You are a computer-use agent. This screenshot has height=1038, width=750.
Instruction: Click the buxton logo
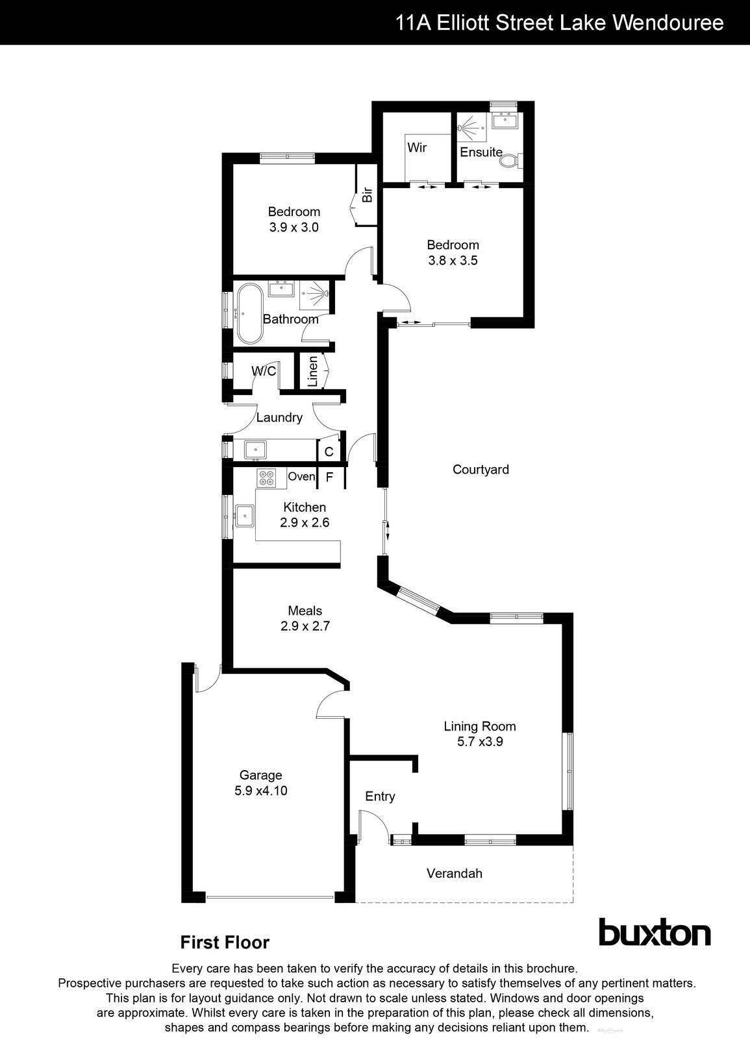tap(654, 933)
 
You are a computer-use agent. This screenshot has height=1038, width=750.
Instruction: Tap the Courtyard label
tap(481, 469)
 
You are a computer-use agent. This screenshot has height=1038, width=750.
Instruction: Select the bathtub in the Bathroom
tap(249, 313)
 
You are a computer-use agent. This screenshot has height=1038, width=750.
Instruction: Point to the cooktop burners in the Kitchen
tap(266, 478)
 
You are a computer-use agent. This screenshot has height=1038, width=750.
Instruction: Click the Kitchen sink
tap(245, 516)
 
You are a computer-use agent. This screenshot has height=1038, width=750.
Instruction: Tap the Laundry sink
tap(255, 448)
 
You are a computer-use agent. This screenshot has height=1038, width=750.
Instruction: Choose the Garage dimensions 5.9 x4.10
tap(261, 791)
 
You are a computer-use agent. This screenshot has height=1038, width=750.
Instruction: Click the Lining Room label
tap(480, 726)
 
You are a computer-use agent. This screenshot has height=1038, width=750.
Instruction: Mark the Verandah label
tap(455, 873)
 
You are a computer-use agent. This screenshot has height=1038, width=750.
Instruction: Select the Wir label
tap(417, 147)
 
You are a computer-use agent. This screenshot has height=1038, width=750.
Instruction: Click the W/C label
tap(264, 371)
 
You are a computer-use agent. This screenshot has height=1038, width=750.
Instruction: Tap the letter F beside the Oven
tap(329, 477)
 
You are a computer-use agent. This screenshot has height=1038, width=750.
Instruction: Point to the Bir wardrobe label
tap(367, 194)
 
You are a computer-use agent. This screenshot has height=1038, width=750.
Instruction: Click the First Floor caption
tap(225, 942)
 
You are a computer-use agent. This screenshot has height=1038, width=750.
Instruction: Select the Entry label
tap(380, 796)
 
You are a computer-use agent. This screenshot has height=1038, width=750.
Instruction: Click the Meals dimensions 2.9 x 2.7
tap(305, 626)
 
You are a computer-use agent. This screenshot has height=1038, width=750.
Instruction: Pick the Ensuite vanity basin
tap(504, 120)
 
